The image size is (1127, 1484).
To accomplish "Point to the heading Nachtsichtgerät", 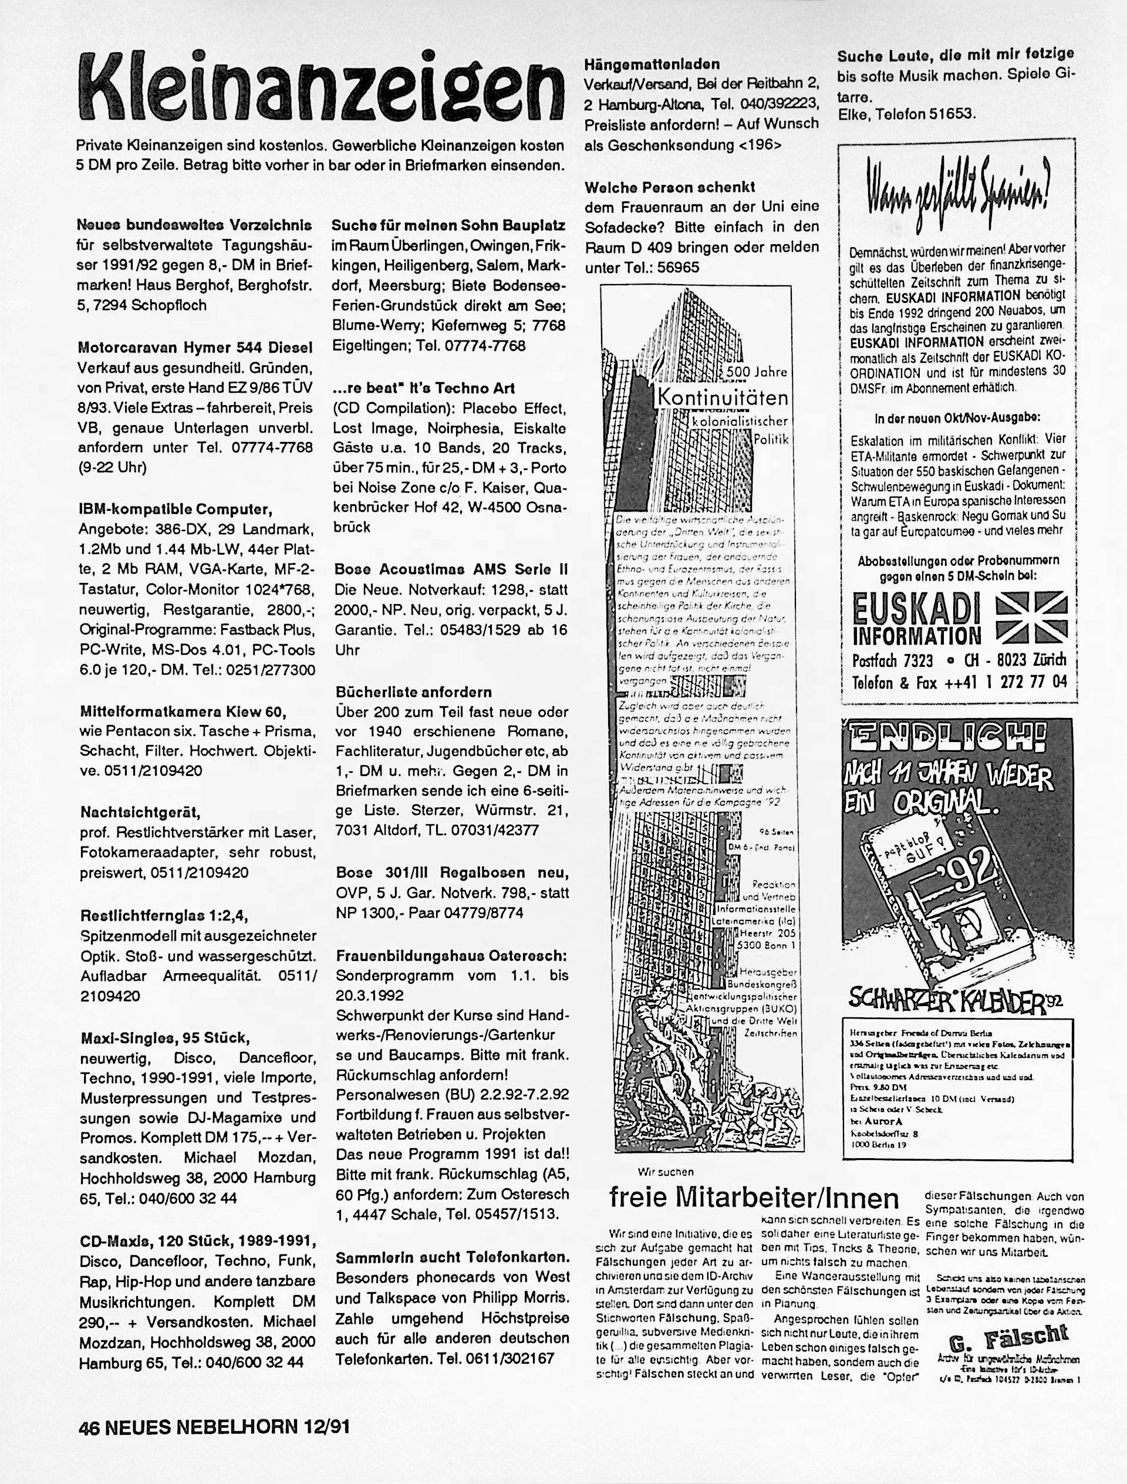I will (x=140, y=812).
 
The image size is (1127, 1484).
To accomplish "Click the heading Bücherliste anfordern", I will (x=414, y=692).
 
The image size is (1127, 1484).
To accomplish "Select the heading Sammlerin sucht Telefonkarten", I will (x=453, y=1257).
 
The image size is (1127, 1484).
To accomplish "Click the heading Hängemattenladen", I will (x=653, y=65).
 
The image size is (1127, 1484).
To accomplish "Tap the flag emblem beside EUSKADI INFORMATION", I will (x=1032, y=620).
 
